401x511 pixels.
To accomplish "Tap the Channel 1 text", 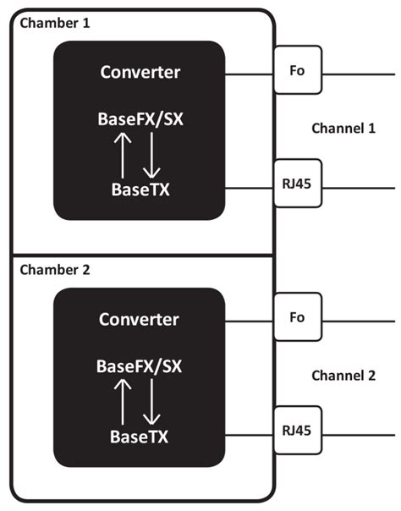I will coord(343,129).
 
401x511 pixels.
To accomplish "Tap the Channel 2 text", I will coord(343,375).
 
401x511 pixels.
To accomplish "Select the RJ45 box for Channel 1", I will coord(297,184).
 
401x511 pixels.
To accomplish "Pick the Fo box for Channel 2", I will coord(297,319).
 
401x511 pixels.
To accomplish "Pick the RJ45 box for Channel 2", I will coord(297,430).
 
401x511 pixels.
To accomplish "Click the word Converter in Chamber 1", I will coord(140,73).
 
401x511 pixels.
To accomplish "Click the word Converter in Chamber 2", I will coord(140,320).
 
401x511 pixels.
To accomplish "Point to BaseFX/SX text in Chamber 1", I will coord(140,118).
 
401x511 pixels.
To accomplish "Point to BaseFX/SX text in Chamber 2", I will coord(140,366).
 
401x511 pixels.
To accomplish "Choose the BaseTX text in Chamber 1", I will coord(140,189).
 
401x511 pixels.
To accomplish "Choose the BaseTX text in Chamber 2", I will coord(140,437).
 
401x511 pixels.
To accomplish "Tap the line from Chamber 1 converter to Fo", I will coord(250,74).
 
